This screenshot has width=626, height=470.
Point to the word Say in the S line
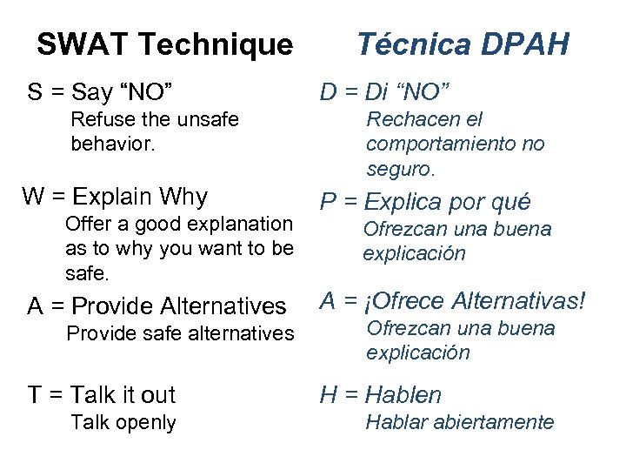point(98,91)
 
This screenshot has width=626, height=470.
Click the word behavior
point(112,144)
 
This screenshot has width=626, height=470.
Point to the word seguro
point(399,167)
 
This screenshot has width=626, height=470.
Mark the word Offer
point(89,225)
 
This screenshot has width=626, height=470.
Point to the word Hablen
point(403,395)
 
